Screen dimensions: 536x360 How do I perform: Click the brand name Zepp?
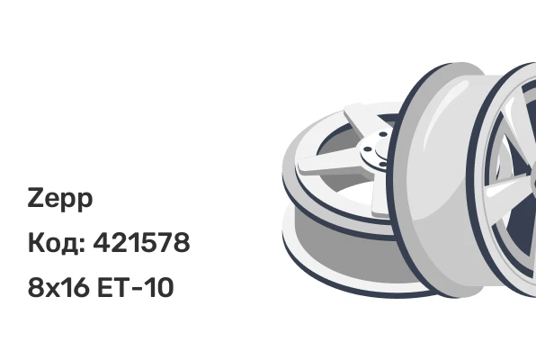[x=60, y=199]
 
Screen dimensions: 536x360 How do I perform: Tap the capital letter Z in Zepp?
[x=35, y=197]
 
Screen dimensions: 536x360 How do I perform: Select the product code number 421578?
[x=141, y=242]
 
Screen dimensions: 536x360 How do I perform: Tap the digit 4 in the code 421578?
[x=102, y=242]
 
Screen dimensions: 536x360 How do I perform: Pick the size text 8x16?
[x=58, y=287]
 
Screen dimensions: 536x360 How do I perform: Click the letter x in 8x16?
[x=51, y=289]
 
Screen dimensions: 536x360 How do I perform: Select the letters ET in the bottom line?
[x=114, y=287]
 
